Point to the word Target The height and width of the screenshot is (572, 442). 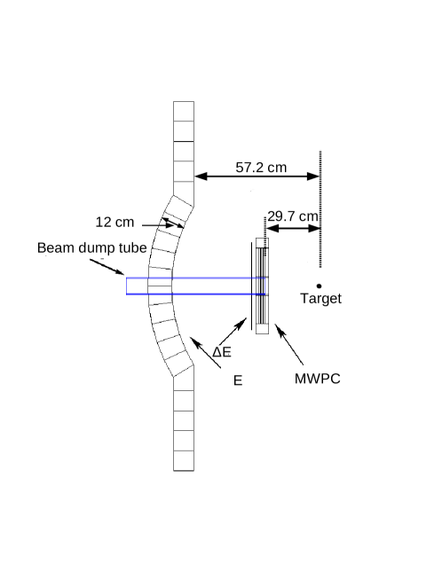[x=320, y=299]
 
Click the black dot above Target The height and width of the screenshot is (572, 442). [x=320, y=286]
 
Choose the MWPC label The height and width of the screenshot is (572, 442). [x=318, y=379]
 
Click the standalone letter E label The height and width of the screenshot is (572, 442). [x=238, y=380]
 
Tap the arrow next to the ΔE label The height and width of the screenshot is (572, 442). [x=231, y=332]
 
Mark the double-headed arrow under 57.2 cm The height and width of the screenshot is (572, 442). [x=257, y=177]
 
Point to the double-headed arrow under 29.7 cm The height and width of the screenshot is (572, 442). [x=293, y=229]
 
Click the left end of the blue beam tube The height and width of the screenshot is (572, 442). [x=128, y=286]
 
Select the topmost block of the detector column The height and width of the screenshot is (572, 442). [x=184, y=112]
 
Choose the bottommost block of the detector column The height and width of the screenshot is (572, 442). [x=184, y=461]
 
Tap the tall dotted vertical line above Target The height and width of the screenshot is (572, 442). [x=320, y=208]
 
